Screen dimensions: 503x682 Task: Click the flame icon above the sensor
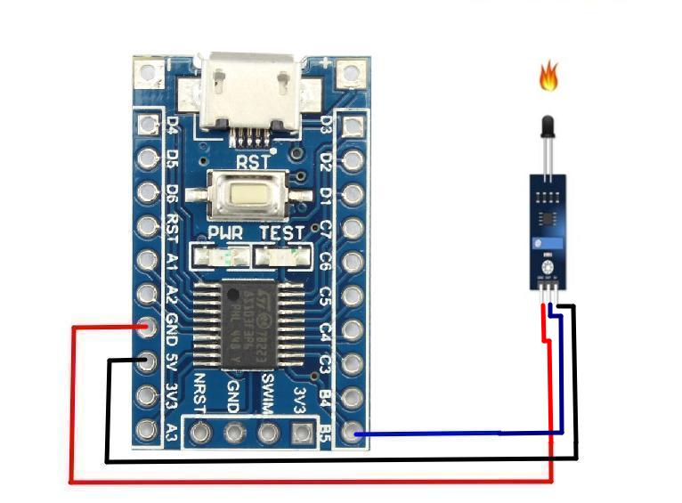click(548, 77)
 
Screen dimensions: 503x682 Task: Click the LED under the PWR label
click(224, 258)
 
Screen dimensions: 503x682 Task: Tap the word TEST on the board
click(281, 233)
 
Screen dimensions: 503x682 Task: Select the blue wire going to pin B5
click(445, 434)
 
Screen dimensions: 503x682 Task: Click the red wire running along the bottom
click(312, 482)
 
